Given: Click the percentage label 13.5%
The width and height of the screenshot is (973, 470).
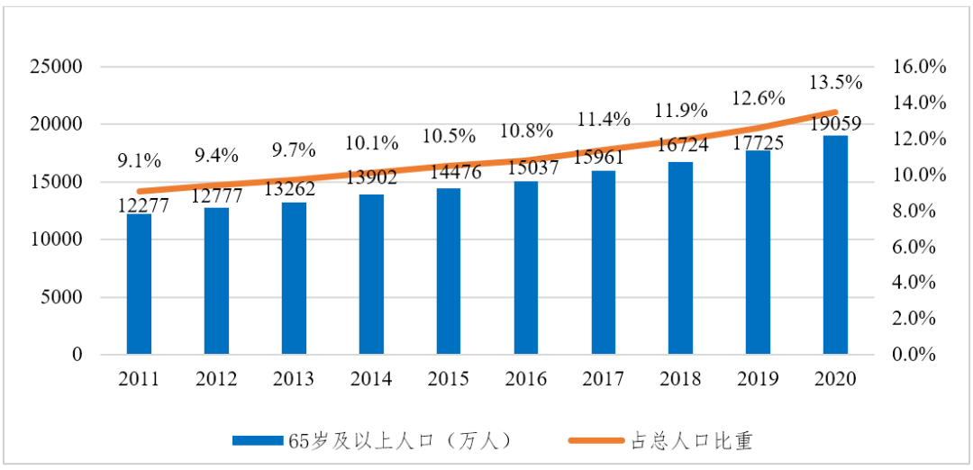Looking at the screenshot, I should (x=835, y=82).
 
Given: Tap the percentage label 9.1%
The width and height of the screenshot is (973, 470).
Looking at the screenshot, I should (x=139, y=161).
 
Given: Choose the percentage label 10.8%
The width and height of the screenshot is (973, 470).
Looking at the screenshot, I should (x=526, y=131).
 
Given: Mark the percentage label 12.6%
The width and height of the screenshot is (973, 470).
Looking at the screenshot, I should (x=759, y=97).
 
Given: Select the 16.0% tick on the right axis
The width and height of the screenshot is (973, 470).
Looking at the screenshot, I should (x=919, y=68).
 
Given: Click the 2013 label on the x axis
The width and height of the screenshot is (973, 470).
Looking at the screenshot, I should (x=294, y=379).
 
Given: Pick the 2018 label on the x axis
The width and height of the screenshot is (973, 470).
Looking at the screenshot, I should (x=680, y=379).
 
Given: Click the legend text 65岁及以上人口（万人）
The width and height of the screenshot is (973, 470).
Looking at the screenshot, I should (x=400, y=440).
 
